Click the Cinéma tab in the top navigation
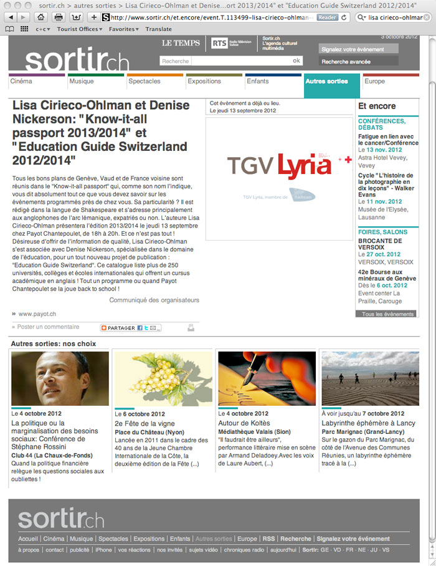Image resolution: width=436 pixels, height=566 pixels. (x=21, y=82)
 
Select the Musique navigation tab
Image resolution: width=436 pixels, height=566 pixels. (x=82, y=82)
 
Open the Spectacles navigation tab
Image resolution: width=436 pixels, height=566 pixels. (x=145, y=82)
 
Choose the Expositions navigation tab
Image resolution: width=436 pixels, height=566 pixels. (x=204, y=82)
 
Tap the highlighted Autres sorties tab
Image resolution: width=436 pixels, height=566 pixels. (x=326, y=82)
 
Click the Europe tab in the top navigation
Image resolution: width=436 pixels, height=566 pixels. (x=375, y=82)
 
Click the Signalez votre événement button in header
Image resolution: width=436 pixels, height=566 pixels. (x=353, y=49)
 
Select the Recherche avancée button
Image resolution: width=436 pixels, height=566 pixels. (x=346, y=62)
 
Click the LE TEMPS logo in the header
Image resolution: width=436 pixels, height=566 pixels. (x=181, y=43)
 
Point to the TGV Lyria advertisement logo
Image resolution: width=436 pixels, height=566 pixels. (x=279, y=166)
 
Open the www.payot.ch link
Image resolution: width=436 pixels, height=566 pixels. (x=37, y=314)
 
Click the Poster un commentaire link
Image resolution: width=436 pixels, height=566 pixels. (x=48, y=327)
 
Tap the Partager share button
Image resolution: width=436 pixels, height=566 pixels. (x=131, y=328)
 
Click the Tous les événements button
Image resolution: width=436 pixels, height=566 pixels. (x=387, y=314)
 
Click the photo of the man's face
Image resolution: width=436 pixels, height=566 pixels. (x=60, y=378)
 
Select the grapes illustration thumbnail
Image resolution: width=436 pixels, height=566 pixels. (x=163, y=378)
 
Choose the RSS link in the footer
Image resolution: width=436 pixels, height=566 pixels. (x=268, y=539)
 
